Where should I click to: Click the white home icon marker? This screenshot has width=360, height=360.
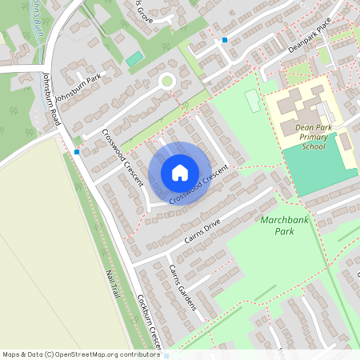point(180,173)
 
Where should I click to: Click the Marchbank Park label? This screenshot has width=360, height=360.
point(277,224)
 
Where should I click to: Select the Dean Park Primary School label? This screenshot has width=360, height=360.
point(314,136)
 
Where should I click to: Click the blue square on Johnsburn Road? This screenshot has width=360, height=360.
point(77,151)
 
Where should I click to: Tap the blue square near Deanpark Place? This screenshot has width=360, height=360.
point(225,39)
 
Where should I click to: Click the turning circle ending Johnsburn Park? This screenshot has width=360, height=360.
point(166,80)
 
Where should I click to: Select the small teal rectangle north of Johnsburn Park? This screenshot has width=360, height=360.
point(134,59)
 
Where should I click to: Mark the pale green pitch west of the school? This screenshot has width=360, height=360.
point(252,102)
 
